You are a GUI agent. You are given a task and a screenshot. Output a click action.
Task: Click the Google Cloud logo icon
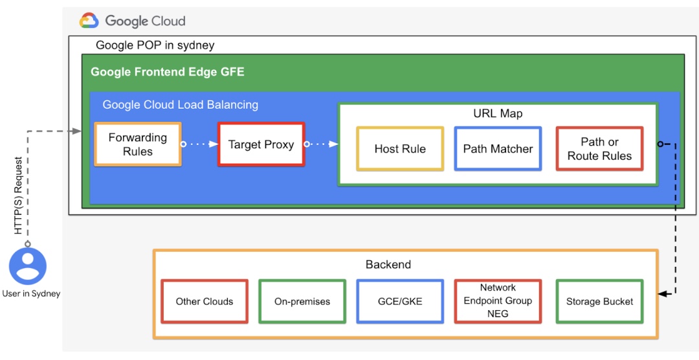click(89, 21)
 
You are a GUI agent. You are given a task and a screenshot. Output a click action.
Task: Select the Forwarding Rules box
click(138, 144)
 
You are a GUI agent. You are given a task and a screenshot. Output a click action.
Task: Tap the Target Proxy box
click(261, 144)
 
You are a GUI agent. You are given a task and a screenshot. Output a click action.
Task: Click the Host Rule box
click(400, 149)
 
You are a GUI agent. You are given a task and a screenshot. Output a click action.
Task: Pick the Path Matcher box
click(498, 149)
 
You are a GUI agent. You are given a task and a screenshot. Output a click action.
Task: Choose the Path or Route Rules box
click(599, 149)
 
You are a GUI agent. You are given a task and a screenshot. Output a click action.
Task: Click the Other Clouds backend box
click(205, 301)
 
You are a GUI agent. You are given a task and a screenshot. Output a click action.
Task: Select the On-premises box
click(302, 301)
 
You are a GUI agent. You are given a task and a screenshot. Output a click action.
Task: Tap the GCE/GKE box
click(400, 301)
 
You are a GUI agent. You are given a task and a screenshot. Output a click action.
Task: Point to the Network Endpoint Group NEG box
click(498, 301)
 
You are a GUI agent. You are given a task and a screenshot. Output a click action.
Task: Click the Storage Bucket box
click(599, 301)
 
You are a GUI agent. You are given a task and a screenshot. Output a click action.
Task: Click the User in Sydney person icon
click(28, 266)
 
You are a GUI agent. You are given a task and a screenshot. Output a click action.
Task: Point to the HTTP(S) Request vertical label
click(19, 195)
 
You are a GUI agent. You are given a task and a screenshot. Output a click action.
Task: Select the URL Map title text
click(498, 113)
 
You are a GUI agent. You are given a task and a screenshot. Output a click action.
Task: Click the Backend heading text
click(388, 264)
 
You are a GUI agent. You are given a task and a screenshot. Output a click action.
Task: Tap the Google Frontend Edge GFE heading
click(168, 72)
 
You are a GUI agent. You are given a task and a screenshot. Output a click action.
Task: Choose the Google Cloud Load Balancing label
click(180, 104)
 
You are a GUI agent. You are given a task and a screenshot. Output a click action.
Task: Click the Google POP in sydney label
click(155, 45)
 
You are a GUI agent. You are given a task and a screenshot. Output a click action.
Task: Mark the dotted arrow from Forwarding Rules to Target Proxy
click(199, 144)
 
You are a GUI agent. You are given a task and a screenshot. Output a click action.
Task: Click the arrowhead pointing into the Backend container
click(662, 294)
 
